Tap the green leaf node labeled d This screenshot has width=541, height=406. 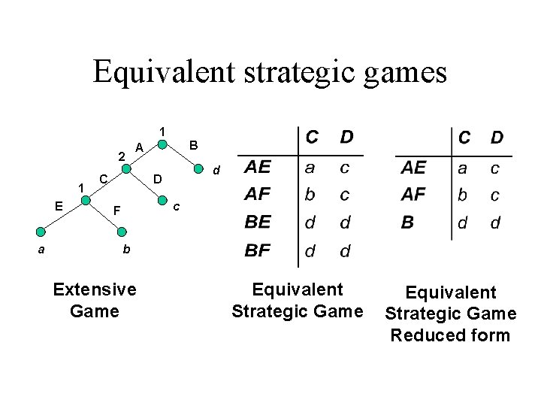click(x=198, y=168)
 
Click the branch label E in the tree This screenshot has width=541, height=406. click(x=58, y=204)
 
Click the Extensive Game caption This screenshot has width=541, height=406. click(x=95, y=299)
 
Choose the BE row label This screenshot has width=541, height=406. click(x=258, y=223)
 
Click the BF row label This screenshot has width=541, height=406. click(x=258, y=250)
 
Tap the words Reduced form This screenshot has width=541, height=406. click(x=449, y=335)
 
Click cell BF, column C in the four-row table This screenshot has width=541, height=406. click(x=310, y=250)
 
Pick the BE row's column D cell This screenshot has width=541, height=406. click(x=345, y=223)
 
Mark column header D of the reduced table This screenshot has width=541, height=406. click(x=497, y=138)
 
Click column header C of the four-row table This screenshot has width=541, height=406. click(x=310, y=138)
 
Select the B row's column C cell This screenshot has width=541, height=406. click(x=464, y=223)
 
